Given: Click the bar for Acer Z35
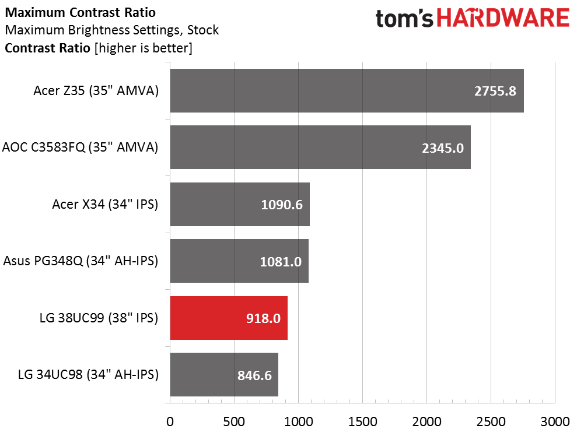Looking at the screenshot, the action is [347, 90].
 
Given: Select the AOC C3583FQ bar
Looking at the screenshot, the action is [320, 147].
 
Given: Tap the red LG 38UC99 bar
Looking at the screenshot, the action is [229, 318].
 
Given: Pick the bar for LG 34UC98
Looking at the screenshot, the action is [224, 375].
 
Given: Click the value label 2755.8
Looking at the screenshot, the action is [495, 91].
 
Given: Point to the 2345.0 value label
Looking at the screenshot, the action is [443, 148].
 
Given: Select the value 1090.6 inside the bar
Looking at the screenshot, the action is [282, 205].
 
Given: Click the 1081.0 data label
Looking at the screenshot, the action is [281, 261].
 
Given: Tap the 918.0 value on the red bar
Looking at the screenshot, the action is [264, 318].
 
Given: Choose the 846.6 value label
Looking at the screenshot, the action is [254, 375].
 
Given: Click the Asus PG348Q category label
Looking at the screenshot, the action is [81, 261].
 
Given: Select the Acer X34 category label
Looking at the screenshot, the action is [105, 204].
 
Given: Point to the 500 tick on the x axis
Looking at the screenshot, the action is [234, 422].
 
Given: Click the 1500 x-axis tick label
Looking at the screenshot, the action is [362, 422].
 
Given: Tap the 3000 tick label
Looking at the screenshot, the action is [555, 422].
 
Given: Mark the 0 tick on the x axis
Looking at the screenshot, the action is [170, 422].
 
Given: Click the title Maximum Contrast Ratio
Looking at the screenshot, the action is [81, 12].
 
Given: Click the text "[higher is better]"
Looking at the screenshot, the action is [144, 48].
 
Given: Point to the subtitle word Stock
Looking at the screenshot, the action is [203, 30].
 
